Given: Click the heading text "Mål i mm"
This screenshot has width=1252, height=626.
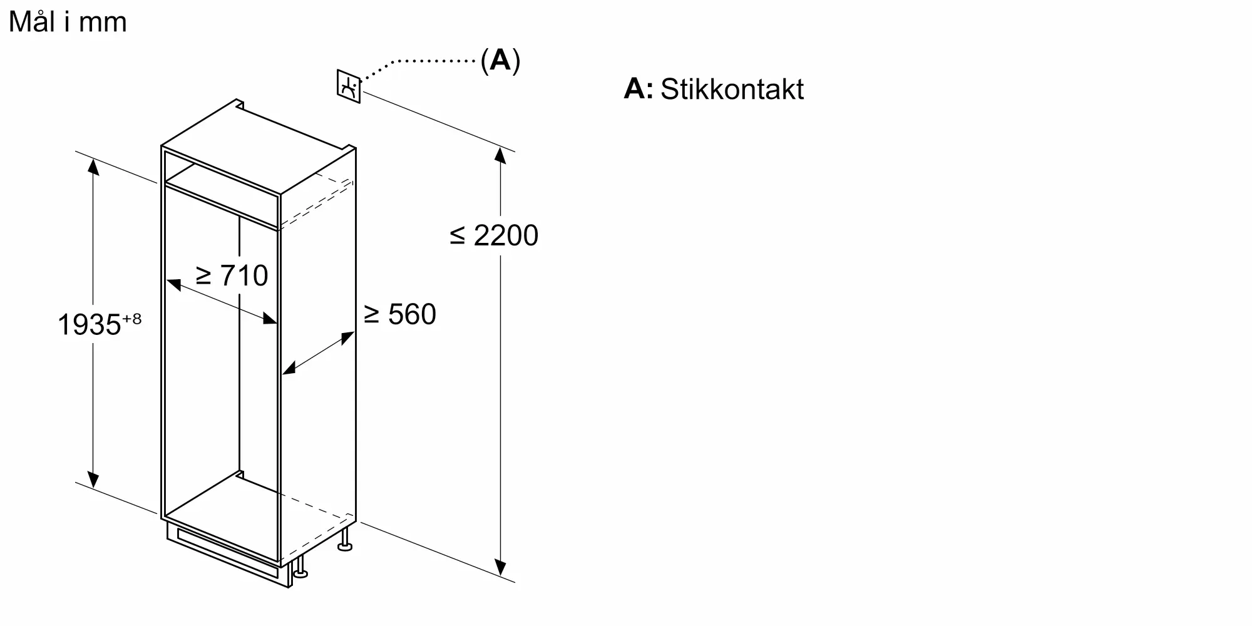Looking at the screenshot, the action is (x=68, y=23).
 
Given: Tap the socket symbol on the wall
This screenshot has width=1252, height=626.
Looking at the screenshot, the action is (x=349, y=86).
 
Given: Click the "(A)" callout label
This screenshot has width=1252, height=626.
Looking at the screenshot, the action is (x=500, y=60).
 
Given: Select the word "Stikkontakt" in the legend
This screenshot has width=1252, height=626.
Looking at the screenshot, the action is (x=732, y=89).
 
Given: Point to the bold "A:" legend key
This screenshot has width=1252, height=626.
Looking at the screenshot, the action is (x=638, y=89).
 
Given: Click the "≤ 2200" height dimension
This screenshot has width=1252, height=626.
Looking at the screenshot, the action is (x=494, y=235).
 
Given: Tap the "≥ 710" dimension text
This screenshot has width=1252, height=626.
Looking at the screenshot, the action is (x=232, y=275).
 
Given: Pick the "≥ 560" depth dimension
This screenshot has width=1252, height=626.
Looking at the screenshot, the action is (x=399, y=314).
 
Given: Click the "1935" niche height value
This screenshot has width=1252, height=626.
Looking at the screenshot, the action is (x=89, y=325).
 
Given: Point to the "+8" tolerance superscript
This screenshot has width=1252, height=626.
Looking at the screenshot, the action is (x=132, y=319).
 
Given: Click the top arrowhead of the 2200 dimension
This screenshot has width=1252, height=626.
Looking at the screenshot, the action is (x=500, y=155).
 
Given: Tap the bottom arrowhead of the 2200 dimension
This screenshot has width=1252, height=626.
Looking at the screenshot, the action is (x=500, y=567).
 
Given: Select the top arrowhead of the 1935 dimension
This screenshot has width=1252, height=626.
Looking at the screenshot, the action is (x=93, y=167).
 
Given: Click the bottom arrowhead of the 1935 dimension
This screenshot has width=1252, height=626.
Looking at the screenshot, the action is (x=93, y=479).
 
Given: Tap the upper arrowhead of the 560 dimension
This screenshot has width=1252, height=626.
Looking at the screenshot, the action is (x=347, y=338).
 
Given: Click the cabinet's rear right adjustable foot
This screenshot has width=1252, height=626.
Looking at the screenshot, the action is (x=344, y=540).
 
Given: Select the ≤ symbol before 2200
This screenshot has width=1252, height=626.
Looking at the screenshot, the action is (x=458, y=236).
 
